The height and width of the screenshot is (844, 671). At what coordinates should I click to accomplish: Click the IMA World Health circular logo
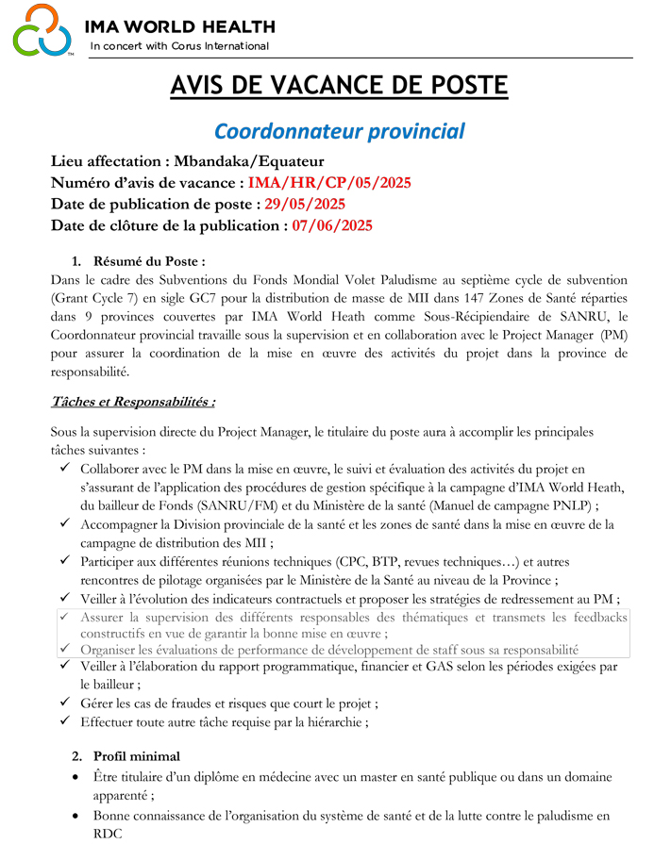[42, 30]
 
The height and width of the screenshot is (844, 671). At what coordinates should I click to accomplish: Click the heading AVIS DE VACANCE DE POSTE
[339, 86]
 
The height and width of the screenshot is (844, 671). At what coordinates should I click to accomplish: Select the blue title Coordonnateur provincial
[339, 130]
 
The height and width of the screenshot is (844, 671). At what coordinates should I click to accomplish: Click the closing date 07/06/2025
[332, 225]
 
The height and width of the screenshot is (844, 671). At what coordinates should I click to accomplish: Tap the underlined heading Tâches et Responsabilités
[132, 402]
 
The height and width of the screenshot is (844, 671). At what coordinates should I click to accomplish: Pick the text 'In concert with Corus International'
[179, 46]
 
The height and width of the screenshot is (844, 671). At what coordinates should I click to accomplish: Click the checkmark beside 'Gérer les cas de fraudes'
[63, 703]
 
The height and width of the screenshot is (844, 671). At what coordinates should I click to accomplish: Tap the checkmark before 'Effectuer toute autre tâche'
[63, 722]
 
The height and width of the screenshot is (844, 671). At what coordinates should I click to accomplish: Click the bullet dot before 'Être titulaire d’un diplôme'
[75, 778]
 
